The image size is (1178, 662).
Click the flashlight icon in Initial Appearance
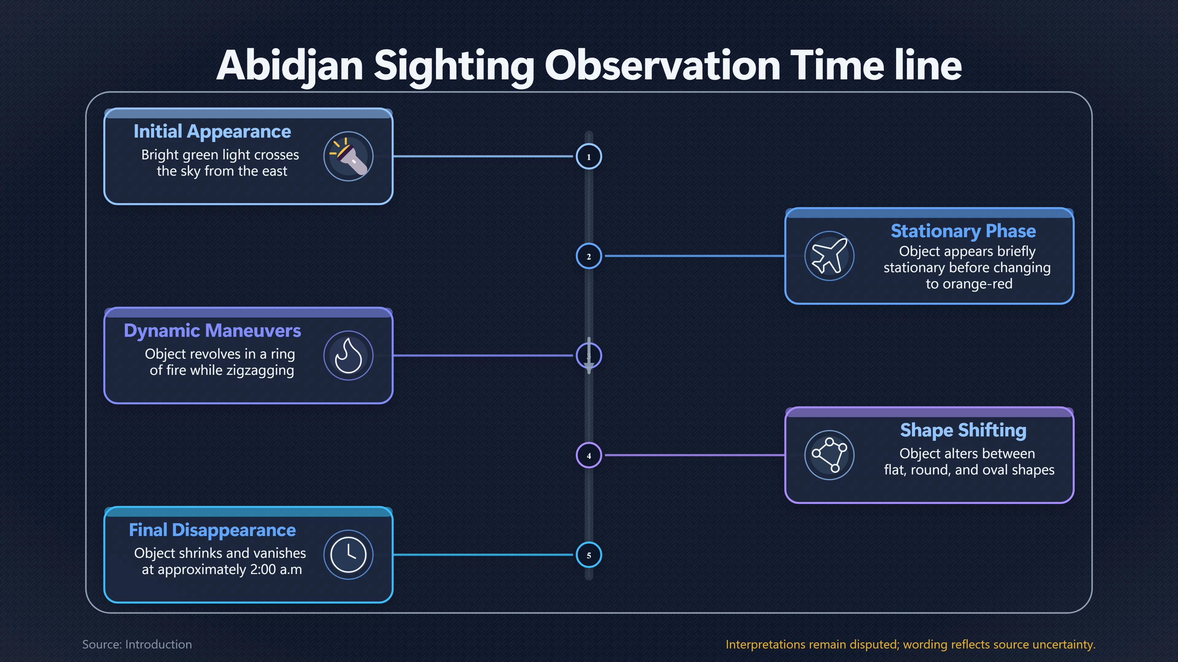click(348, 156)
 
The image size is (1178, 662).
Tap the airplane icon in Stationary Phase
click(829, 256)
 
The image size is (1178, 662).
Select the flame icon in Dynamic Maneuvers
click(348, 356)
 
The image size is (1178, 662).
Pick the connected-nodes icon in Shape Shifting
click(829, 455)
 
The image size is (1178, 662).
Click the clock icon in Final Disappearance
click(348, 555)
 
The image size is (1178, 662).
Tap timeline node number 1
click(589, 157)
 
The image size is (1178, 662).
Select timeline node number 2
click(589, 256)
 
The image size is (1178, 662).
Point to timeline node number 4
click(589, 455)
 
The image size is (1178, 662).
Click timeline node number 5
click(589, 555)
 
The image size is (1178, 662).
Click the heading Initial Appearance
click(212, 131)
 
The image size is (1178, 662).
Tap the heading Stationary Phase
click(963, 231)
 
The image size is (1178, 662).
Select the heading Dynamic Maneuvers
click(212, 331)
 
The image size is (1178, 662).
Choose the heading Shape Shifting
click(963, 430)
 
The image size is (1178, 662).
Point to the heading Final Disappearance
click(212, 530)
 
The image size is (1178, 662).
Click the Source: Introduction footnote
click(137, 644)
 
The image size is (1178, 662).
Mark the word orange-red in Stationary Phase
click(969, 284)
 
